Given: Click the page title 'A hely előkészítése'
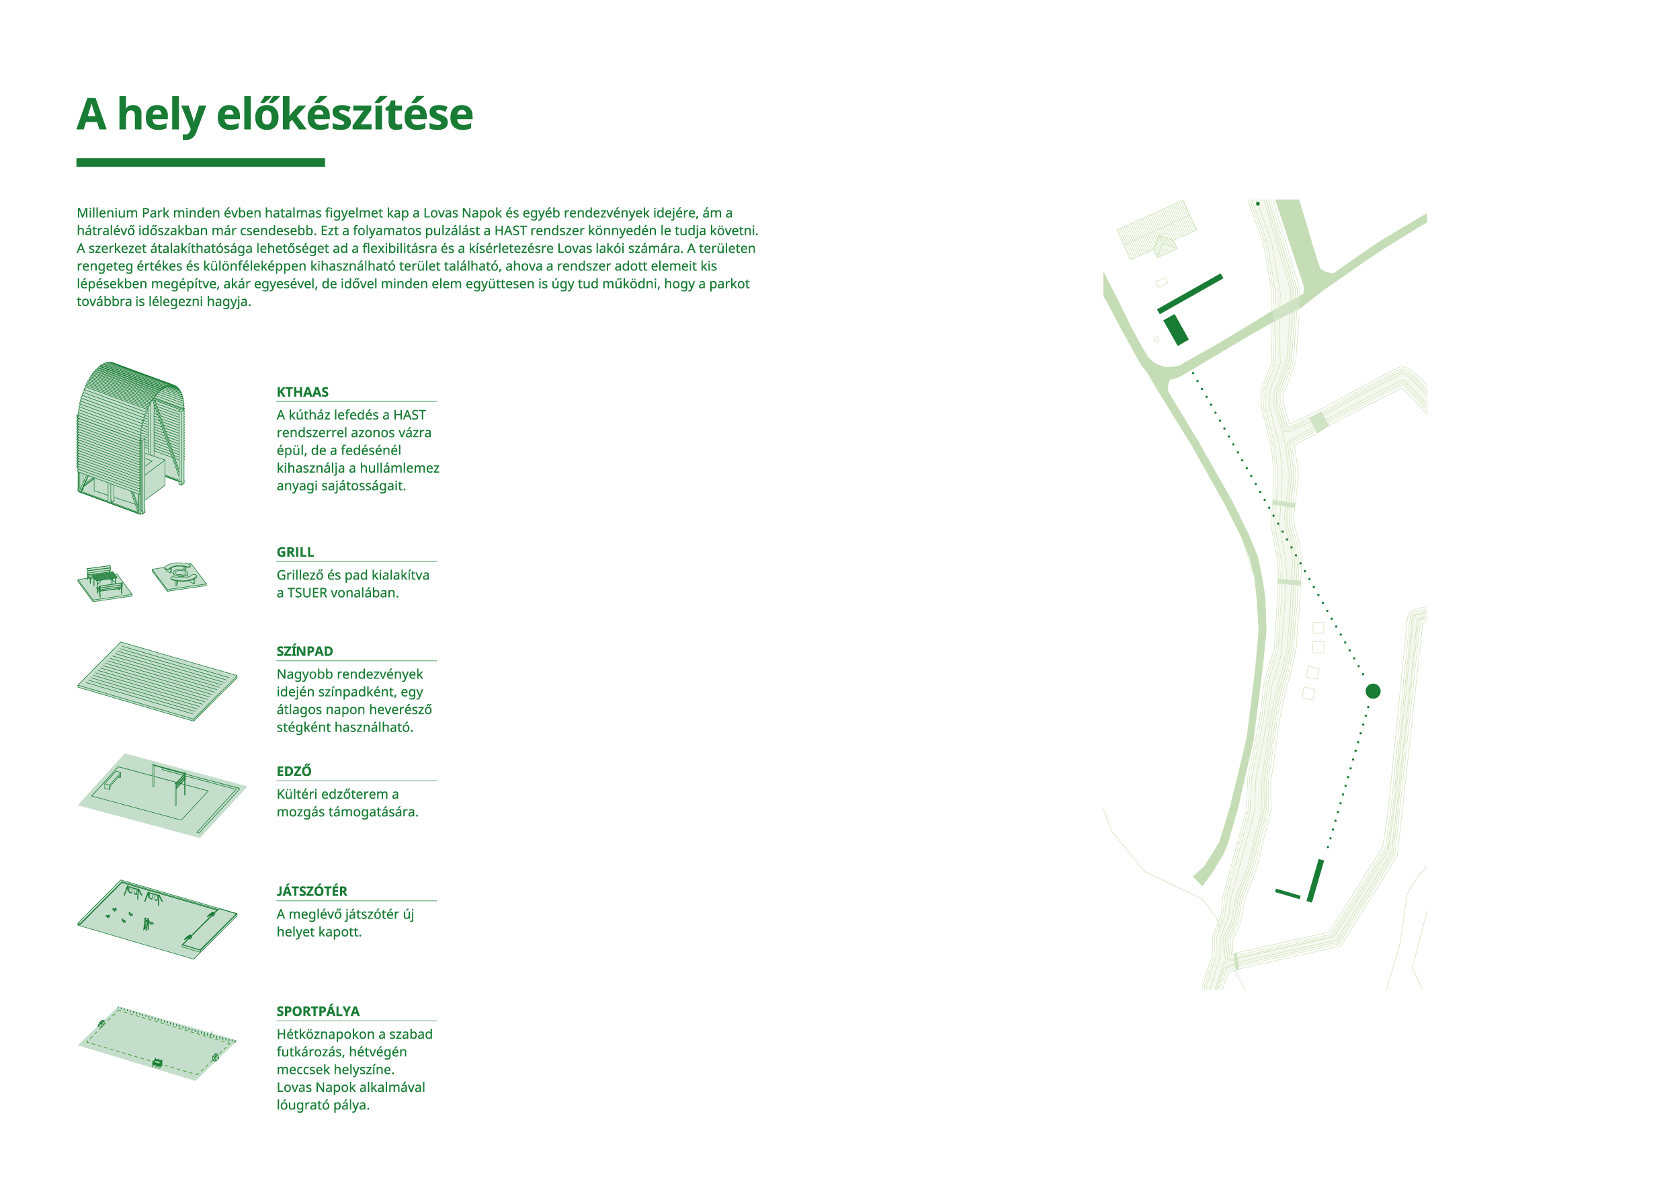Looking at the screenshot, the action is pyautogui.click(x=274, y=116).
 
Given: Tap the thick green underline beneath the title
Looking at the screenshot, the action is pyautogui.click(x=200, y=163).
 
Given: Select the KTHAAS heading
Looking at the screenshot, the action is pyautogui.click(x=302, y=393).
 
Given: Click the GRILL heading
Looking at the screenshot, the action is pyautogui.click(x=295, y=553).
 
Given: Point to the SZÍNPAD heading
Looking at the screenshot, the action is pyautogui.click(x=304, y=651).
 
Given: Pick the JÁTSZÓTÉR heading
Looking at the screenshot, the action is pyautogui.click(x=312, y=892).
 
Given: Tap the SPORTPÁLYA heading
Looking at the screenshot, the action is pyautogui.click(x=318, y=1012).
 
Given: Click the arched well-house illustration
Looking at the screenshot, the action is pyautogui.click(x=131, y=438).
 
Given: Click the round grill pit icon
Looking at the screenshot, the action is pyautogui.click(x=179, y=576).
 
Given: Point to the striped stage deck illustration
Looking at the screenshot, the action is pyautogui.click(x=157, y=682).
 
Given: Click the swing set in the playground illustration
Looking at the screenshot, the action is pyautogui.click(x=143, y=894).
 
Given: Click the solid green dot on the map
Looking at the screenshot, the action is pyautogui.click(x=1373, y=691).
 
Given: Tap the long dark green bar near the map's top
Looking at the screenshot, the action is pyautogui.click(x=1189, y=294).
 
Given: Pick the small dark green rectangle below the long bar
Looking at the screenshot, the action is pyautogui.click(x=1176, y=330).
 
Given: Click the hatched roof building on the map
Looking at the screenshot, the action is pyautogui.click(x=1156, y=229).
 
